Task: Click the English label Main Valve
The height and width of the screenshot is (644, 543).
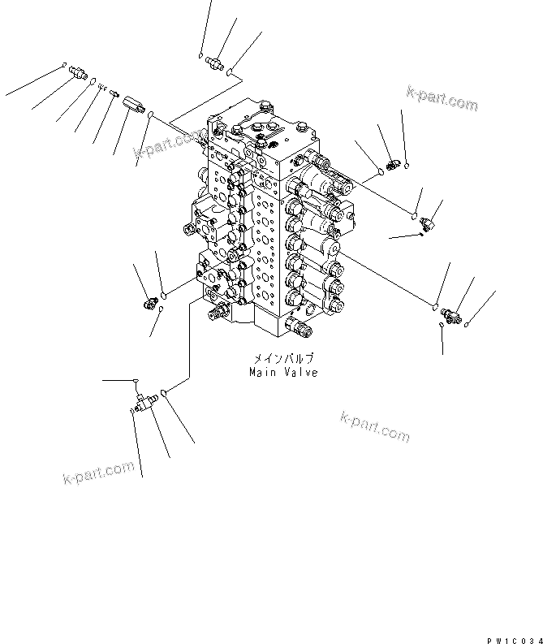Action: click(x=283, y=372)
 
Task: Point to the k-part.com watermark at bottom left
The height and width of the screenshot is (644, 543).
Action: click(x=97, y=472)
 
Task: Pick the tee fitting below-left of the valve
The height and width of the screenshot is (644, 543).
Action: click(x=145, y=400)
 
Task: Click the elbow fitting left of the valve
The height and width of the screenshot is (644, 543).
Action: click(x=150, y=304)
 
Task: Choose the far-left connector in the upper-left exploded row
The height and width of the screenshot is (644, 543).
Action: click(x=78, y=73)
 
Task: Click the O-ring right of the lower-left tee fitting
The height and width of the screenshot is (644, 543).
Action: click(x=165, y=394)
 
